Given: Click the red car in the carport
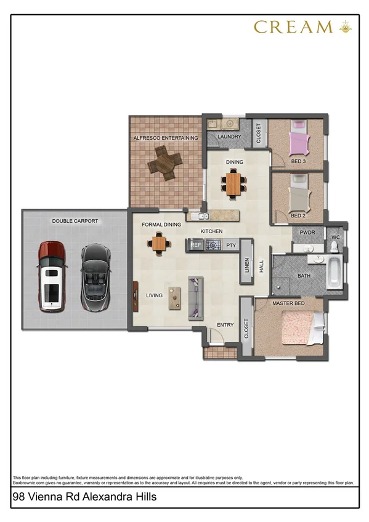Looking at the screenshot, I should click(x=51, y=275).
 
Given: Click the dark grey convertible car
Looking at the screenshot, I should click(x=94, y=276).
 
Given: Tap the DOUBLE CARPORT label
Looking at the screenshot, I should click(x=75, y=221).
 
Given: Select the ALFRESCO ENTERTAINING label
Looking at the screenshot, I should click(x=166, y=138).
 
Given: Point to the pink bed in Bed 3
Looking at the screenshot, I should click(x=299, y=142).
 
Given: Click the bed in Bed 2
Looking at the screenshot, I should click(x=300, y=195).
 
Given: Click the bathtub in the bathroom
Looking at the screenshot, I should click(x=333, y=272).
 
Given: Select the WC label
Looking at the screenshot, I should click(x=336, y=237).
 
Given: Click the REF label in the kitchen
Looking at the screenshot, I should click(x=197, y=245).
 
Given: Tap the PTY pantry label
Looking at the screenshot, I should click(x=231, y=245).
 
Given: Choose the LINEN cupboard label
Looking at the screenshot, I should click(x=247, y=266).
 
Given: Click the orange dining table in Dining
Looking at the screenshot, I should click(x=234, y=182).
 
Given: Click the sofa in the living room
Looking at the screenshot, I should click(x=195, y=298).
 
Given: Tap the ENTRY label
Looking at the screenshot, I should click(x=224, y=324).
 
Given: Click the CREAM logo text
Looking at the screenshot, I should click(x=293, y=26).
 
